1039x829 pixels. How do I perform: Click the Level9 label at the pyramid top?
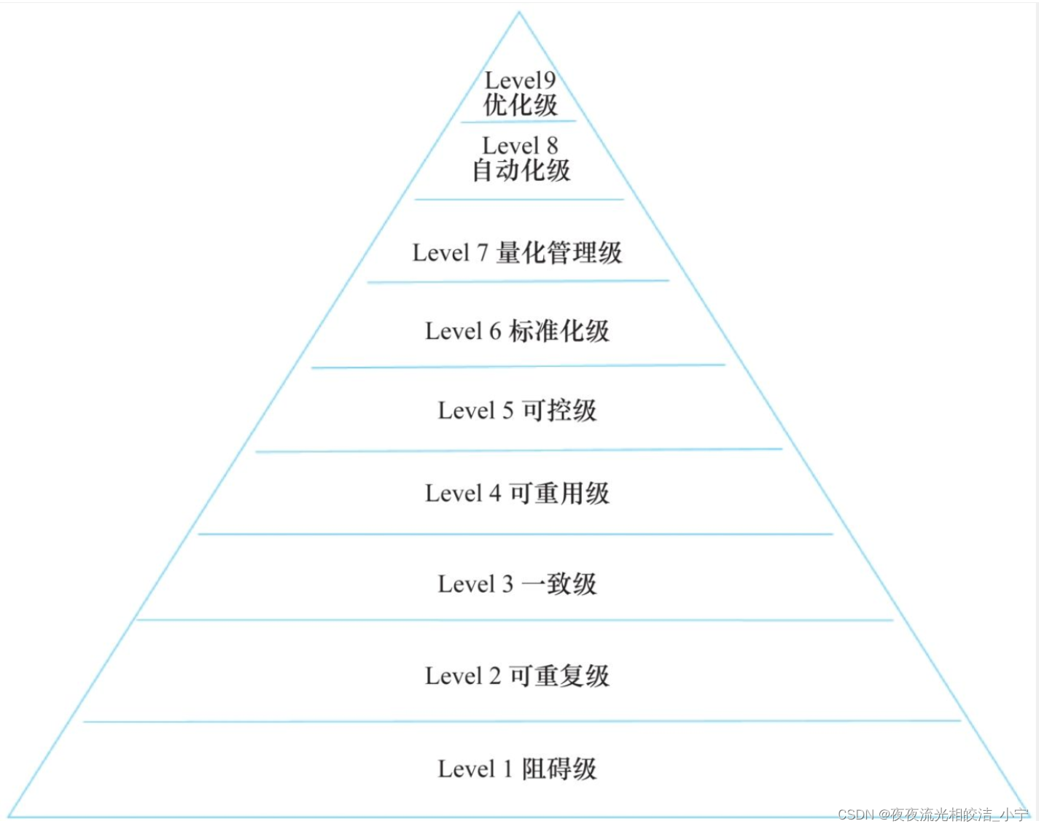pos(520,80)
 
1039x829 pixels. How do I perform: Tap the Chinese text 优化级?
pos(520,105)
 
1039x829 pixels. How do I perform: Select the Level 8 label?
pos(520,146)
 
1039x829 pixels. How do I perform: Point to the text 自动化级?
pos(521,171)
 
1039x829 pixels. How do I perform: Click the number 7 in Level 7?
pos(482,253)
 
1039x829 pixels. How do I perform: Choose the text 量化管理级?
pos(559,253)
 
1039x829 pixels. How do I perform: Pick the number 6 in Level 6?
pos(495,331)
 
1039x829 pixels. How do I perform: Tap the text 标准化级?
pos(559,331)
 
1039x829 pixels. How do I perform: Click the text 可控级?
pos(559,410)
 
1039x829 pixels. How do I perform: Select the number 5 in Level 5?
pos(507,410)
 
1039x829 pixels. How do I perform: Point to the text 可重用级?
pos(559,494)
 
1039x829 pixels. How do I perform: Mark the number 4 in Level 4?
pos(495,494)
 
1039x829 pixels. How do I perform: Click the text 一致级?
pos(559,584)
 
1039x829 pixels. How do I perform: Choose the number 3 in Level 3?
pos(507,584)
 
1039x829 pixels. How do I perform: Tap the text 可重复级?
pos(559,676)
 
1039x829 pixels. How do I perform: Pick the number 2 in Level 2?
pos(495,676)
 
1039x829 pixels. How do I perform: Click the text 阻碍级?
pos(559,768)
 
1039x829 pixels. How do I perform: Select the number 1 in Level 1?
pos(508,768)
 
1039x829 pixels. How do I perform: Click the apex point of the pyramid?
pos(519,12)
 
